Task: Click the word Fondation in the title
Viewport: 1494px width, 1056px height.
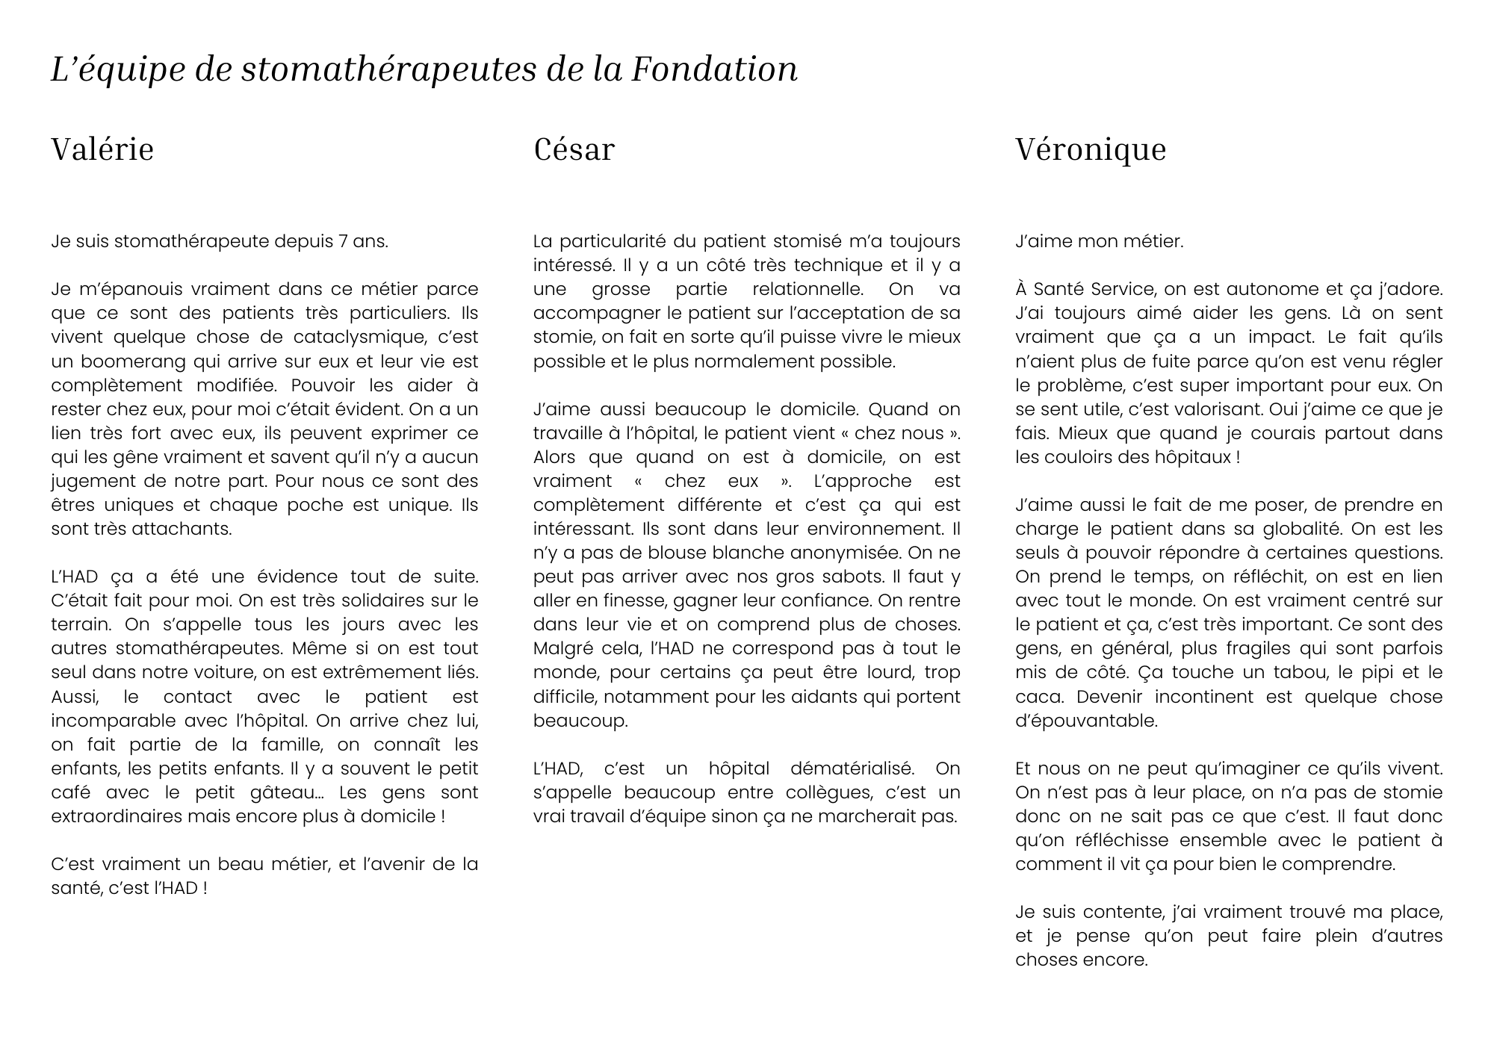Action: click(x=714, y=69)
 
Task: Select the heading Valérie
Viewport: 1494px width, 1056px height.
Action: click(x=102, y=149)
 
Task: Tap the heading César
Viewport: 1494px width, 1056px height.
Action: click(x=574, y=149)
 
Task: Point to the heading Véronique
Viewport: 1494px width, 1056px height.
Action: click(x=1090, y=149)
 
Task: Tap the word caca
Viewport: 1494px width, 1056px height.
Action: click(x=1037, y=697)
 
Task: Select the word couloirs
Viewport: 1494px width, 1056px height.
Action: click(x=1075, y=457)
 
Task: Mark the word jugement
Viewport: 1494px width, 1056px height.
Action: click(x=90, y=481)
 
